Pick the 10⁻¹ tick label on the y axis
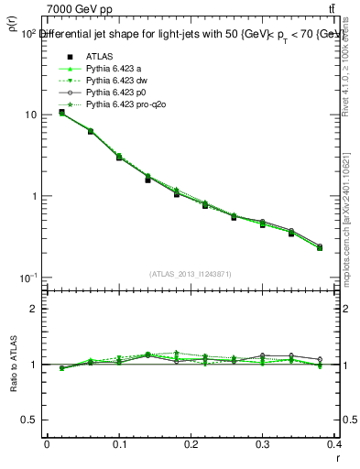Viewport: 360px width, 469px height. click(x=27, y=278)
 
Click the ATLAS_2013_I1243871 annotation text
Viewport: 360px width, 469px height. click(x=190, y=274)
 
